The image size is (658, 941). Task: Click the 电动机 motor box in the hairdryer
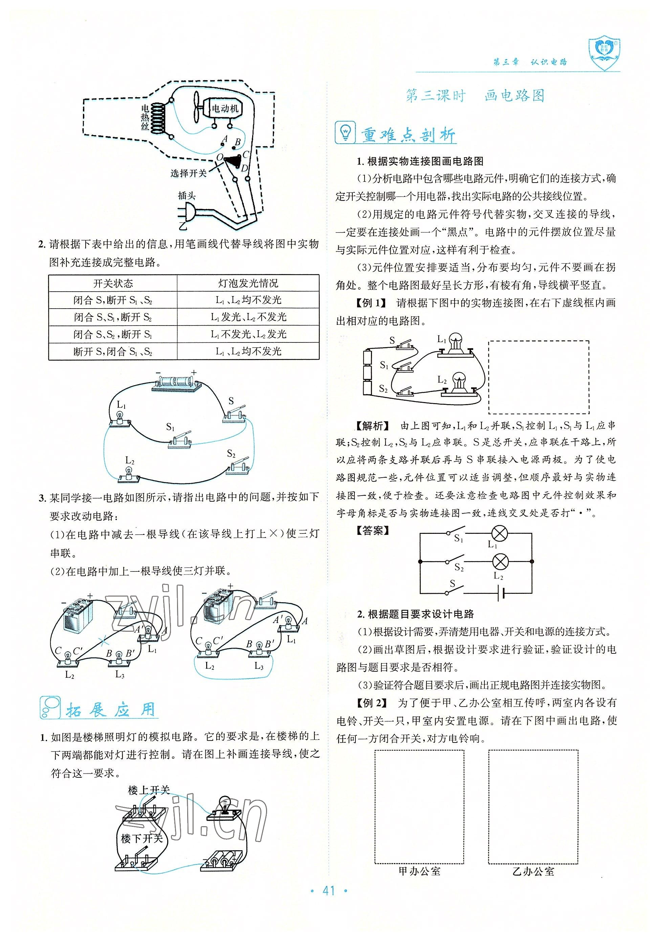coord(225,109)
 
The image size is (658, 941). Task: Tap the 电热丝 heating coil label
coord(145,118)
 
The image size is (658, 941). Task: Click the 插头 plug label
coord(187,195)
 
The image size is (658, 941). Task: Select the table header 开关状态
coord(113,283)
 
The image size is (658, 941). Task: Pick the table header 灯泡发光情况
coord(248,283)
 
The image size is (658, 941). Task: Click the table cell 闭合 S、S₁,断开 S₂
coord(113,317)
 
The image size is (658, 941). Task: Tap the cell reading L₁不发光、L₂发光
coord(248,334)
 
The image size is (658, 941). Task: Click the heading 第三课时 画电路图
coord(475,96)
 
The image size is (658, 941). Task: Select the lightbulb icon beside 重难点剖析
coord(345,132)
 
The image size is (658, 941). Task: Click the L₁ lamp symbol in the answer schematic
coord(500,533)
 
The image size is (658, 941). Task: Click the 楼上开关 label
coord(149,790)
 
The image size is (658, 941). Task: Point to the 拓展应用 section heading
coord(111,710)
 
